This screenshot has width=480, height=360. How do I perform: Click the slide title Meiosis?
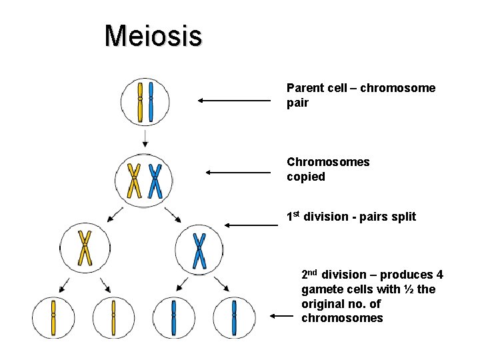click(153, 35)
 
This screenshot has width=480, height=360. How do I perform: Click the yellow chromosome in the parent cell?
click(140, 102)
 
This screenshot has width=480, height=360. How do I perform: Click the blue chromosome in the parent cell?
click(151, 102)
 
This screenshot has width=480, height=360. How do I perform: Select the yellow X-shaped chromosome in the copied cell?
click(135, 181)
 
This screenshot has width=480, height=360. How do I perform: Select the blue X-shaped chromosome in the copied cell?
click(155, 181)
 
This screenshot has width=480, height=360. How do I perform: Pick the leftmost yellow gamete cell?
click(53, 317)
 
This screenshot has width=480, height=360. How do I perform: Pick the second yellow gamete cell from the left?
click(113, 317)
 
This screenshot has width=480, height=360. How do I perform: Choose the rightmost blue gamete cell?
click(233, 317)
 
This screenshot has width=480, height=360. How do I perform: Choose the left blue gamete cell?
click(173, 317)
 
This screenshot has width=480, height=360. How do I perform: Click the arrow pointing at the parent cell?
click(233, 101)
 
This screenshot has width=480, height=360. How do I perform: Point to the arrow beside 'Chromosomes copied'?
click(238, 172)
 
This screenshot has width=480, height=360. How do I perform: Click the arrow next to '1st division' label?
click(251, 226)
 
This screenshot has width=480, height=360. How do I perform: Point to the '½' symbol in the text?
click(410, 289)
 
